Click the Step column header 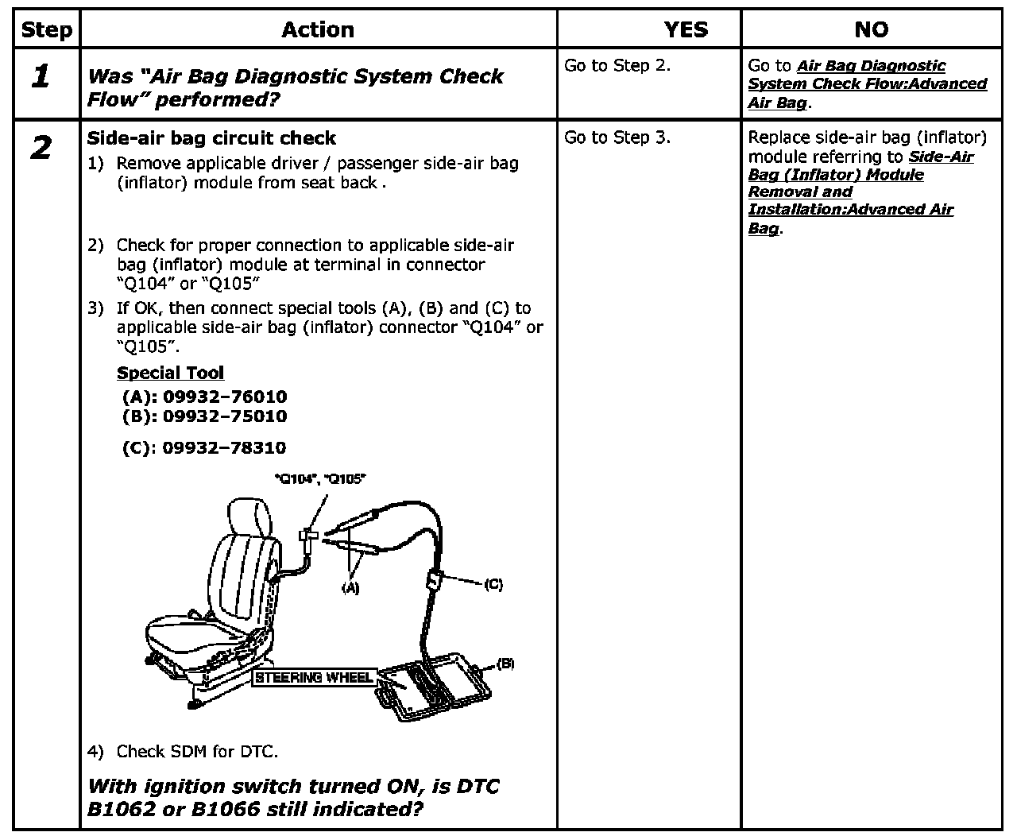click(46, 30)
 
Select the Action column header click(318, 30)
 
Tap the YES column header click(685, 30)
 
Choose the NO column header click(871, 30)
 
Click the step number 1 click(41, 77)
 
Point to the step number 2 click(41, 148)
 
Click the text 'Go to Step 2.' click(617, 65)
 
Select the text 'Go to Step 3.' click(617, 137)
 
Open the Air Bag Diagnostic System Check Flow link click(867, 84)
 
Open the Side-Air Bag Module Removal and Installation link click(851, 192)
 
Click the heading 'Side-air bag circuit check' click(211, 138)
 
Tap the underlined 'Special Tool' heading click(170, 373)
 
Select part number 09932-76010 click(224, 396)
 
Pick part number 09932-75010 click(224, 416)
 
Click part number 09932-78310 click(224, 447)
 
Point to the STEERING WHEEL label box click(314, 678)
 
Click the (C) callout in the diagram click(493, 584)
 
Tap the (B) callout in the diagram click(505, 664)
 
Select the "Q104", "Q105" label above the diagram click(319, 478)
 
